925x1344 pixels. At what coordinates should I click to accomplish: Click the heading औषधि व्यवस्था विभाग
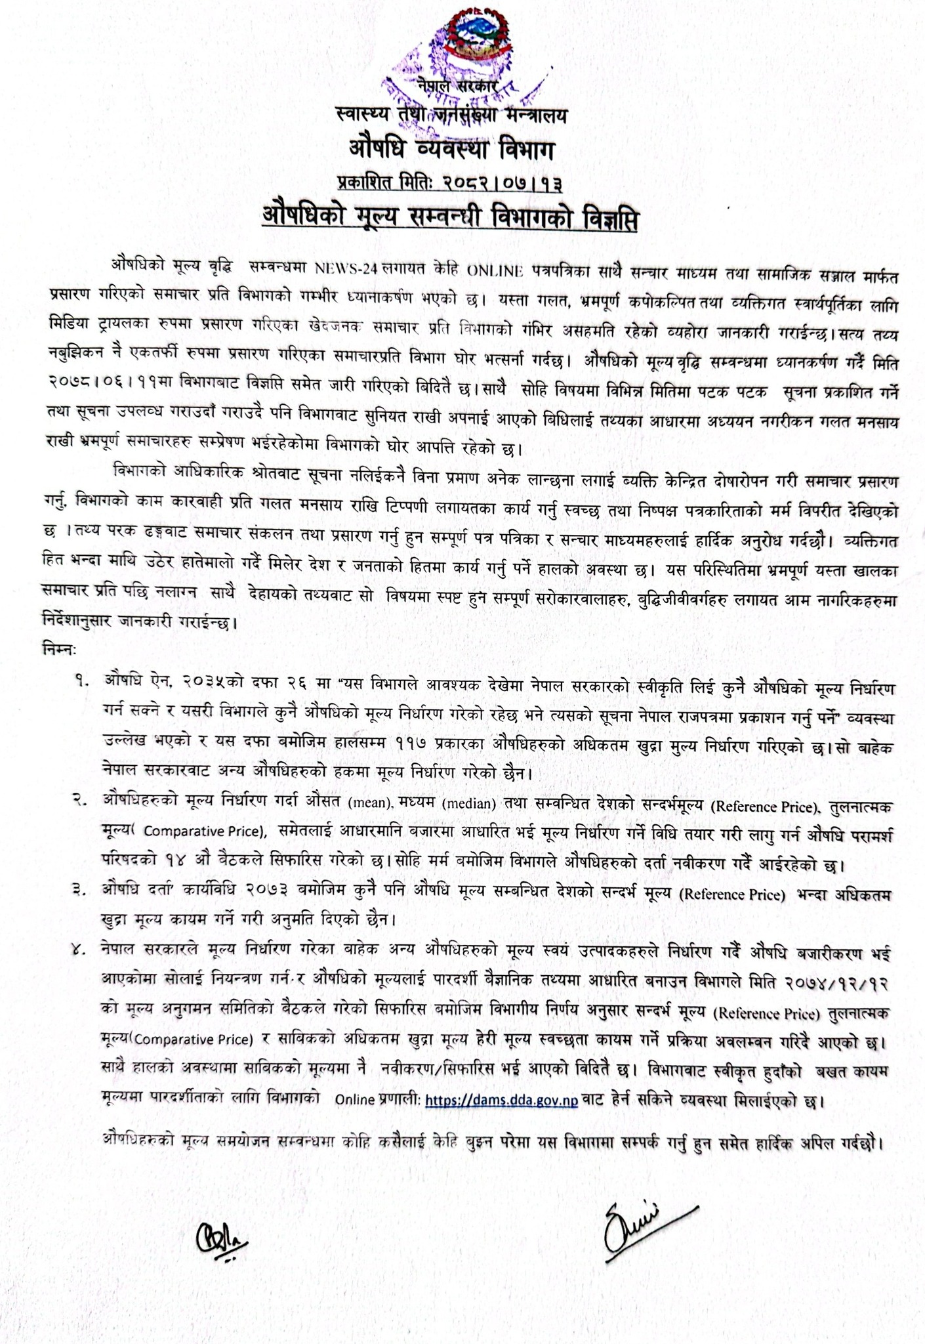[452, 150]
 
